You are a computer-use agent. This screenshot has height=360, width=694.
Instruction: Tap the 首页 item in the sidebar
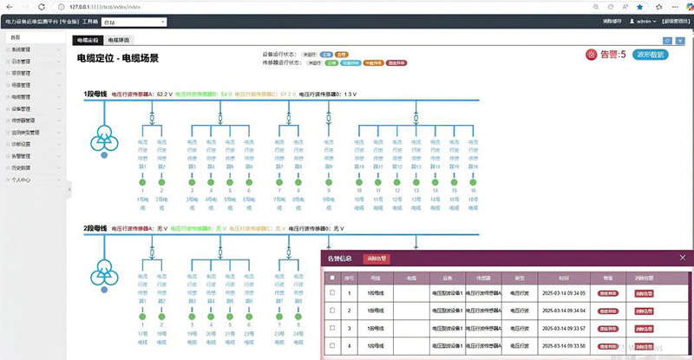15,38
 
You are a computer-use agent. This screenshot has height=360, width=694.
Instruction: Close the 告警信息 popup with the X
684,258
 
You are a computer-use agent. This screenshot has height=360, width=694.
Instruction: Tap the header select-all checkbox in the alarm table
332,278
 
